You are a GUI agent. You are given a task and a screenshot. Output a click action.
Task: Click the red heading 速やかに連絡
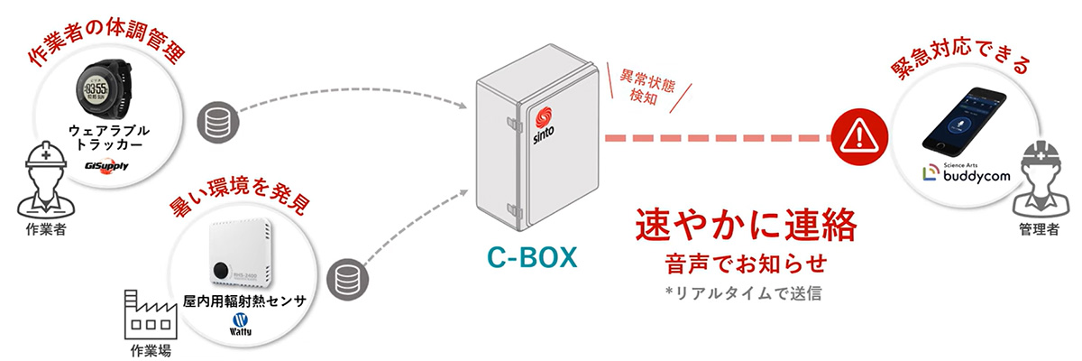tap(744, 226)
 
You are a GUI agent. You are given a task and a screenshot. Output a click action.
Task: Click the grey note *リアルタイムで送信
tap(744, 294)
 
